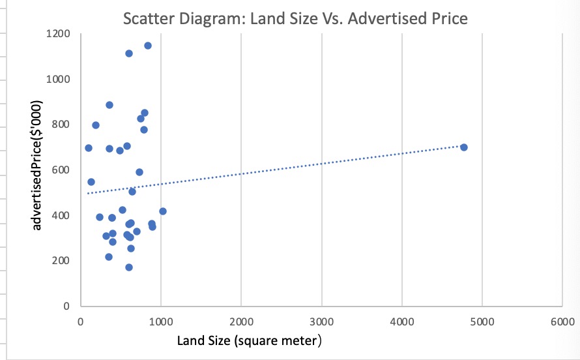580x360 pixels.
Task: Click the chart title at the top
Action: tap(295, 18)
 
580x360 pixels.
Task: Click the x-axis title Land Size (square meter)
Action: tap(250, 340)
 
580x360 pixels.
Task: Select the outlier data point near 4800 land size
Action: tap(464, 147)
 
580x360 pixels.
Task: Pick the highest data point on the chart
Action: tap(148, 46)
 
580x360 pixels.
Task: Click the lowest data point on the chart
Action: tap(129, 267)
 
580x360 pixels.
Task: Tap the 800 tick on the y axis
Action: tap(61, 125)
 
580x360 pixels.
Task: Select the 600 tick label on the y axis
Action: tap(61, 170)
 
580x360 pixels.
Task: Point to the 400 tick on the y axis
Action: tap(61, 215)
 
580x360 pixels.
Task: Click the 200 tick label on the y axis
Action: tap(61, 261)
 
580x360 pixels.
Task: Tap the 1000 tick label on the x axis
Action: tap(160, 322)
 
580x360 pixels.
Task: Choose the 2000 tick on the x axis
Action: tap(241, 322)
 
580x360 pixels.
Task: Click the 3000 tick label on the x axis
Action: tap(321, 322)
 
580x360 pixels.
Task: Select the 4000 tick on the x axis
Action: tap(401, 322)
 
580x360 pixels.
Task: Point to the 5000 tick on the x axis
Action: tap(482, 322)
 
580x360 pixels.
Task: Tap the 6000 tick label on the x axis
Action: tap(562, 322)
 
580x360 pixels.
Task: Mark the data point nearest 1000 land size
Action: tap(163, 211)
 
